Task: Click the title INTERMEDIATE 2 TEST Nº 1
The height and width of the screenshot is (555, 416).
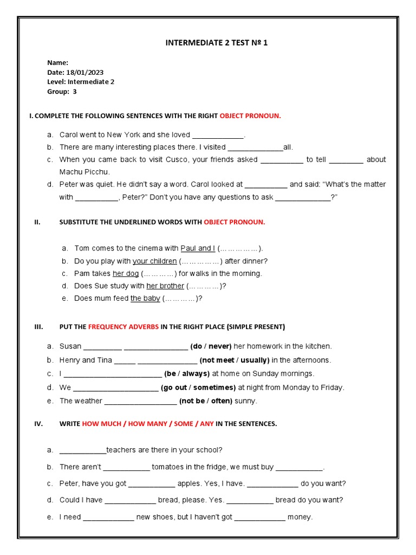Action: (x=216, y=43)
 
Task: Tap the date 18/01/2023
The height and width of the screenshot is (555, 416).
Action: (x=84, y=72)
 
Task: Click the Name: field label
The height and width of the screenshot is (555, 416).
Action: (x=57, y=63)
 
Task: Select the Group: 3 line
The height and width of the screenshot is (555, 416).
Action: (x=62, y=92)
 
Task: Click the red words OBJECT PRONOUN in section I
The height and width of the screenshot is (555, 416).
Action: (x=250, y=116)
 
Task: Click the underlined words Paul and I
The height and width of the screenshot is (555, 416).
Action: (x=198, y=248)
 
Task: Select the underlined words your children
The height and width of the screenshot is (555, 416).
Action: (x=154, y=261)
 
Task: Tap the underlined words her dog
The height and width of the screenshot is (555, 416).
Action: (x=126, y=273)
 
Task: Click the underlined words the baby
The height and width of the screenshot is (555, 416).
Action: (x=145, y=298)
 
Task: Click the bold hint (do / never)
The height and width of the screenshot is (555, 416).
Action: (x=211, y=346)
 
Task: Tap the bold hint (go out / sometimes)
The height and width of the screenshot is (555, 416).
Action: (x=198, y=388)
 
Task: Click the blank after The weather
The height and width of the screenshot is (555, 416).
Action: (x=140, y=402)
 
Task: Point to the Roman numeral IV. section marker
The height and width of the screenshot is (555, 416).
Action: (x=38, y=424)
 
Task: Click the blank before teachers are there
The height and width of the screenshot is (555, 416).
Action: (x=82, y=450)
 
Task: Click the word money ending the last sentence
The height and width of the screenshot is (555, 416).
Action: (x=300, y=517)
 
